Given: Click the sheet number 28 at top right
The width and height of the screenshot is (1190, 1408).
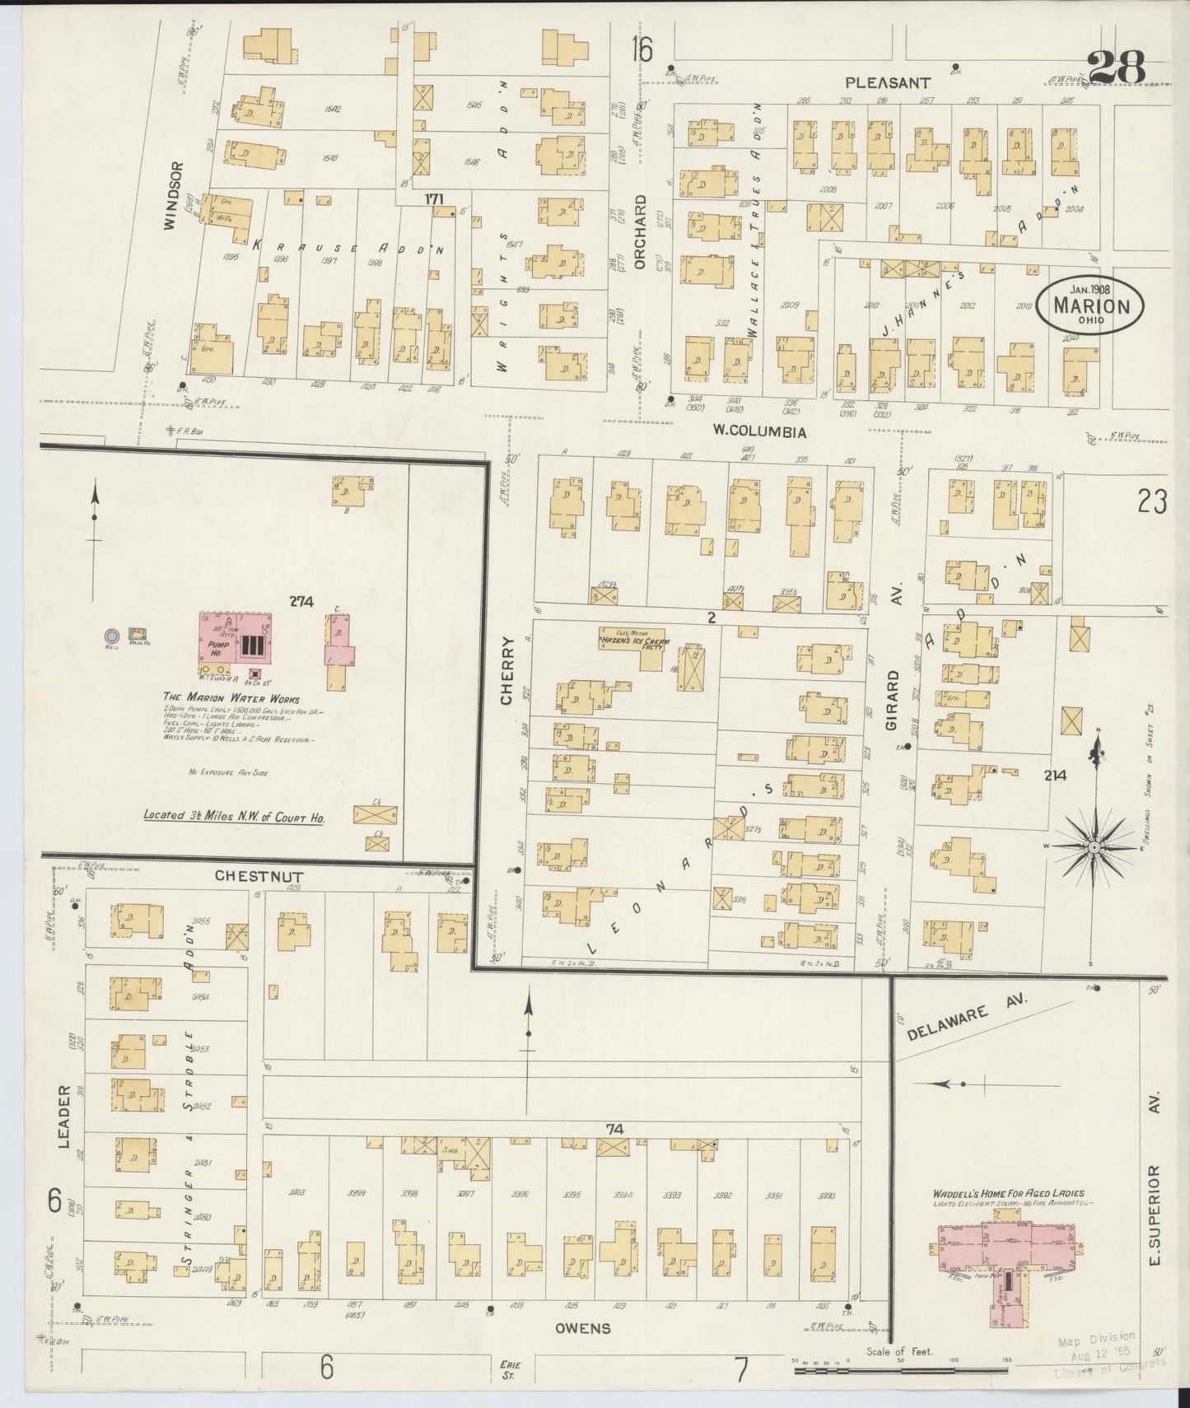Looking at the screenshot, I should click(x=1117, y=68).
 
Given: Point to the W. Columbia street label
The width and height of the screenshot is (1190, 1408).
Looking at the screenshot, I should click(x=758, y=431).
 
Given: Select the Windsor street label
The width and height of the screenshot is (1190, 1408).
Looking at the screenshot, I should click(x=171, y=195).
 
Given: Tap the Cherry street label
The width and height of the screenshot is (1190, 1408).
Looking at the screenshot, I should click(x=507, y=681).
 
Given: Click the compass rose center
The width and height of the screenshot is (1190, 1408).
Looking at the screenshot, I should click(x=1094, y=847).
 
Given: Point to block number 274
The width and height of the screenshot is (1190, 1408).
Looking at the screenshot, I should click(x=301, y=602).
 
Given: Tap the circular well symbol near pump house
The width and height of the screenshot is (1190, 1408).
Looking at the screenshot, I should click(x=110, y=636).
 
